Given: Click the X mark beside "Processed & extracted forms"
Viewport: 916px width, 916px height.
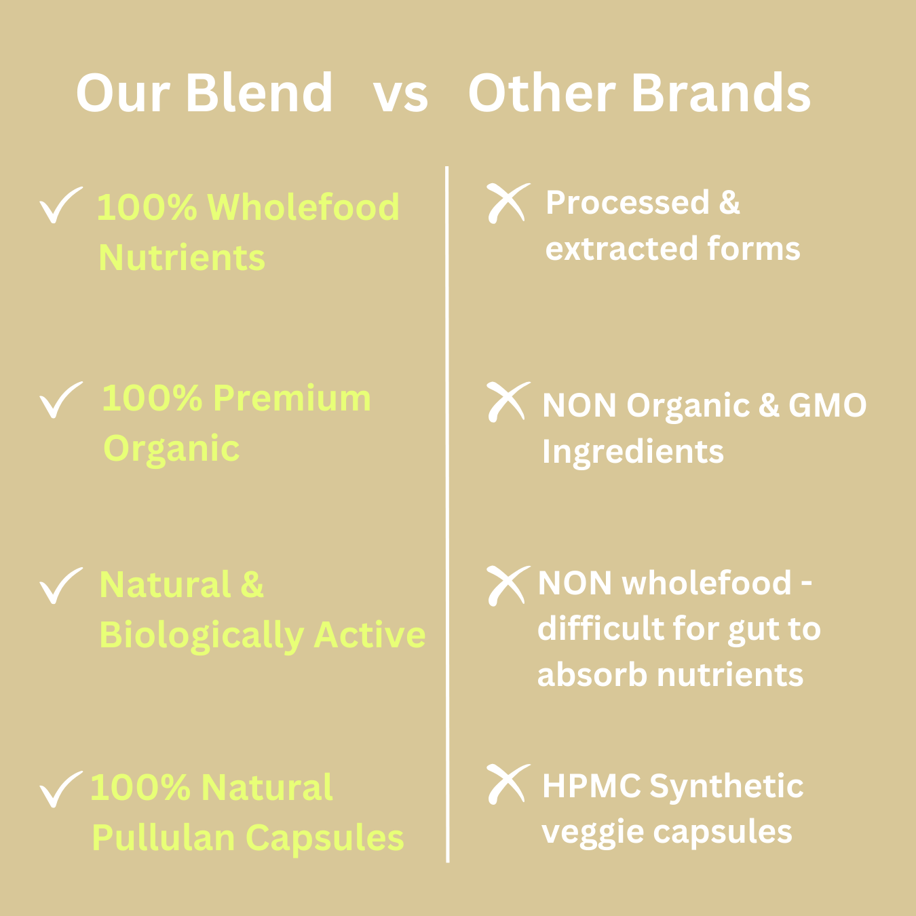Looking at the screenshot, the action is (x=508, y=203).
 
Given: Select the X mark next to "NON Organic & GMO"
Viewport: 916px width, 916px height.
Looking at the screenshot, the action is (x=508, y=402).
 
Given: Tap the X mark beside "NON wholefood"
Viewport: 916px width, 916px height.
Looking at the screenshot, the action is (x=508, y=586).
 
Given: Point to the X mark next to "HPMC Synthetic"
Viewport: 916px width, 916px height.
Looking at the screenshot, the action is (x=508, y=784).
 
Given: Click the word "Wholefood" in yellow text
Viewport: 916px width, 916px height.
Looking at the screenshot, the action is (x=303, y=207).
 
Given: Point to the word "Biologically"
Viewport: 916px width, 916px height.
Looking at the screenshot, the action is (x=202, y=636).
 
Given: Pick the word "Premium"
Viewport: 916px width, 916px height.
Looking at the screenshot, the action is (x=292, y=398).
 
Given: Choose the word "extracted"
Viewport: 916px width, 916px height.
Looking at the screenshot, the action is (x=621, y=249).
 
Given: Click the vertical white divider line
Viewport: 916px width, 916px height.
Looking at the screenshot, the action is (x=447, y=514).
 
